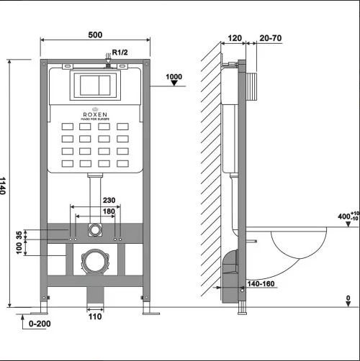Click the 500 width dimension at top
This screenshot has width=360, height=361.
click(x=95, y=35)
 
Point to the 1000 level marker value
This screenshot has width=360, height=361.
click(x=174, y=77)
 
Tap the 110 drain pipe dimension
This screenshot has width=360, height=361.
click(x=95, y=316)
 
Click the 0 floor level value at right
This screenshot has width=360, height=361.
click(x=348, y=298)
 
